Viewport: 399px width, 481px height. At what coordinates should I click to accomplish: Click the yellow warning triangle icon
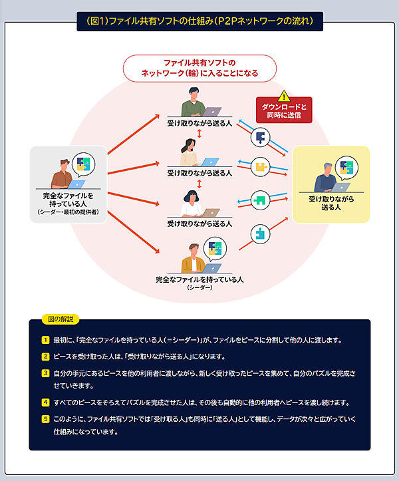[284, 96]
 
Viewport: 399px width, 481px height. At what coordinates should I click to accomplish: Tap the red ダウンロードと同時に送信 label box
[284, 111]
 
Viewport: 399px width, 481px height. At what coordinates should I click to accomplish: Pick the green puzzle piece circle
[259, 199]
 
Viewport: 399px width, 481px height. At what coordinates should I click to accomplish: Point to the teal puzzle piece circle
[259, 233]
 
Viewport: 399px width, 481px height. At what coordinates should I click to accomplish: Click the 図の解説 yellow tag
[59, 319]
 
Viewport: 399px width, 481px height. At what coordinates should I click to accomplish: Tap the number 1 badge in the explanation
[45, 340]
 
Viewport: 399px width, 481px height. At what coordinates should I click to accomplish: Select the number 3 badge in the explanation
[45, 373]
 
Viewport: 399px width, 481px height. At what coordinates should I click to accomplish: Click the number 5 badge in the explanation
[45, 419]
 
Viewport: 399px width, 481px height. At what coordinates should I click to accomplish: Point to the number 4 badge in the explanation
[45, 402]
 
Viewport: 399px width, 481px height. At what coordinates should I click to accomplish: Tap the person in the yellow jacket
[192, 259]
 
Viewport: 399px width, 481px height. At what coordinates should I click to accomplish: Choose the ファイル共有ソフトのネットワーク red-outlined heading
[199, 67]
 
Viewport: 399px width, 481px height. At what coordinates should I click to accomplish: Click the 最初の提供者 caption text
[68, 212]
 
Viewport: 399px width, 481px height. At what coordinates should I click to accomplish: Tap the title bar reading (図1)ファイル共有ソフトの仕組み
[199, 21]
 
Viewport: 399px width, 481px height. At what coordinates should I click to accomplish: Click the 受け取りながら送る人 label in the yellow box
[331, 203]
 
